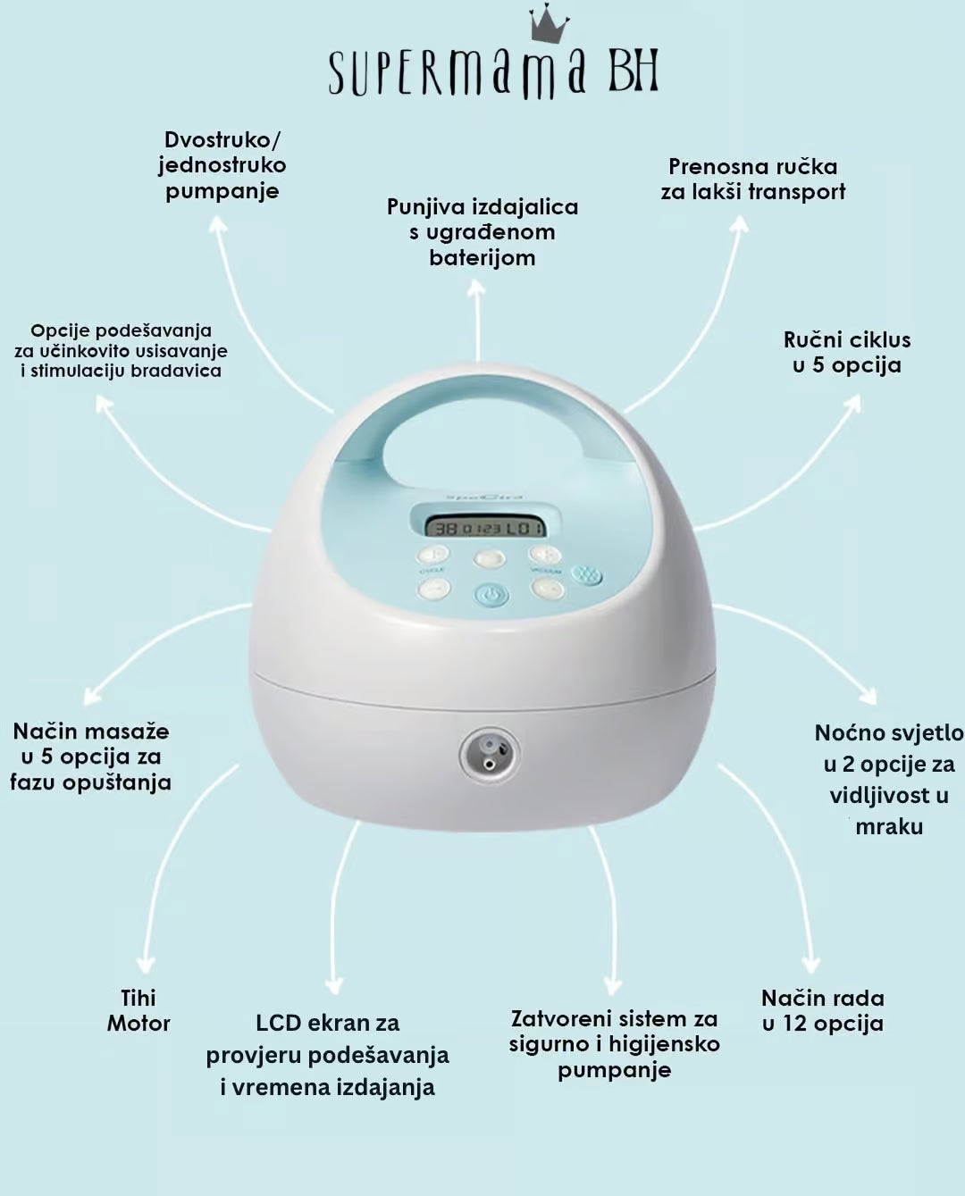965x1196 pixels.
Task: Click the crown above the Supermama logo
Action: (x=549, y=24)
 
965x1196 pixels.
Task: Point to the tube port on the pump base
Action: (x=488, y=751)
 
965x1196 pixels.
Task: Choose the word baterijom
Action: (x=482, y=258)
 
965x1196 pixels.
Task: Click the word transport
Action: (x=797, y=191)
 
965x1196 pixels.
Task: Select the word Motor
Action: (x=138, y=1024)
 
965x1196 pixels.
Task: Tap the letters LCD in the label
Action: (x=278, y=1023)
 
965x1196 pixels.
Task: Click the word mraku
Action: (x=888, y=826)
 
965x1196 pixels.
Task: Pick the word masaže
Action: (x=129, y=732)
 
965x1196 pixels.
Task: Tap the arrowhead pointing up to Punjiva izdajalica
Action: (x=478, y=291)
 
